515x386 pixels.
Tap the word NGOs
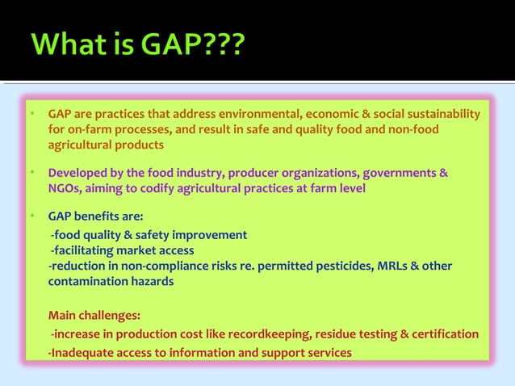coord(64,189)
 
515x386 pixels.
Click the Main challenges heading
coord(93,315)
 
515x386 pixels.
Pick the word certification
coord(446,334)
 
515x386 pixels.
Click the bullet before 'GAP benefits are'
coord(31,217)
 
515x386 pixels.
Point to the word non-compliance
coord(163,266)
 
